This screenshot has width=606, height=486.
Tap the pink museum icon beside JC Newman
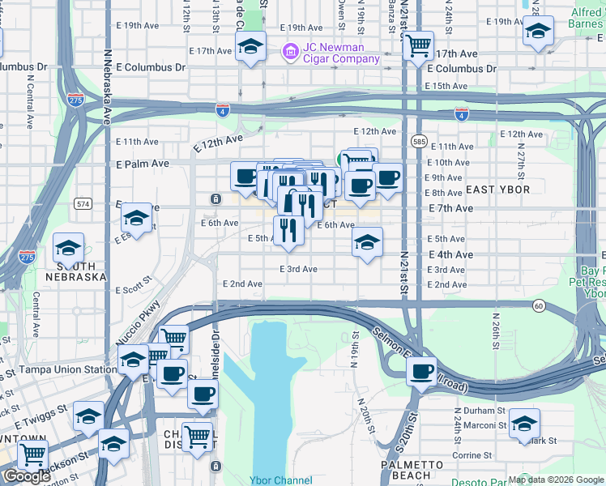[x=289, y=53]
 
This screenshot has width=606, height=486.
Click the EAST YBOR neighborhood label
[x=497, y=190]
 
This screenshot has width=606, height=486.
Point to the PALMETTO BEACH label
[x=412, y=470]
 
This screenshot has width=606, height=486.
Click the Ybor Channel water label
[x=280, y=480]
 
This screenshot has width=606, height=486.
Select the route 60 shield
[x=539, y=305]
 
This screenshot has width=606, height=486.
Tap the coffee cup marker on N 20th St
[x=421, y=372]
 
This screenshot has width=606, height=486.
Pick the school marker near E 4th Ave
[x=367, y=241]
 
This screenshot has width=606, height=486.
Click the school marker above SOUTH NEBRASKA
[x=69, y=246]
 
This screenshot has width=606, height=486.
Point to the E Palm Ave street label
[x=142, y=163]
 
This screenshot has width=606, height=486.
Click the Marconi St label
[x=484, y=426]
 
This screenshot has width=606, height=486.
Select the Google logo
[x=27, y=475]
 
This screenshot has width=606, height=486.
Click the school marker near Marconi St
[x=525, y=423]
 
